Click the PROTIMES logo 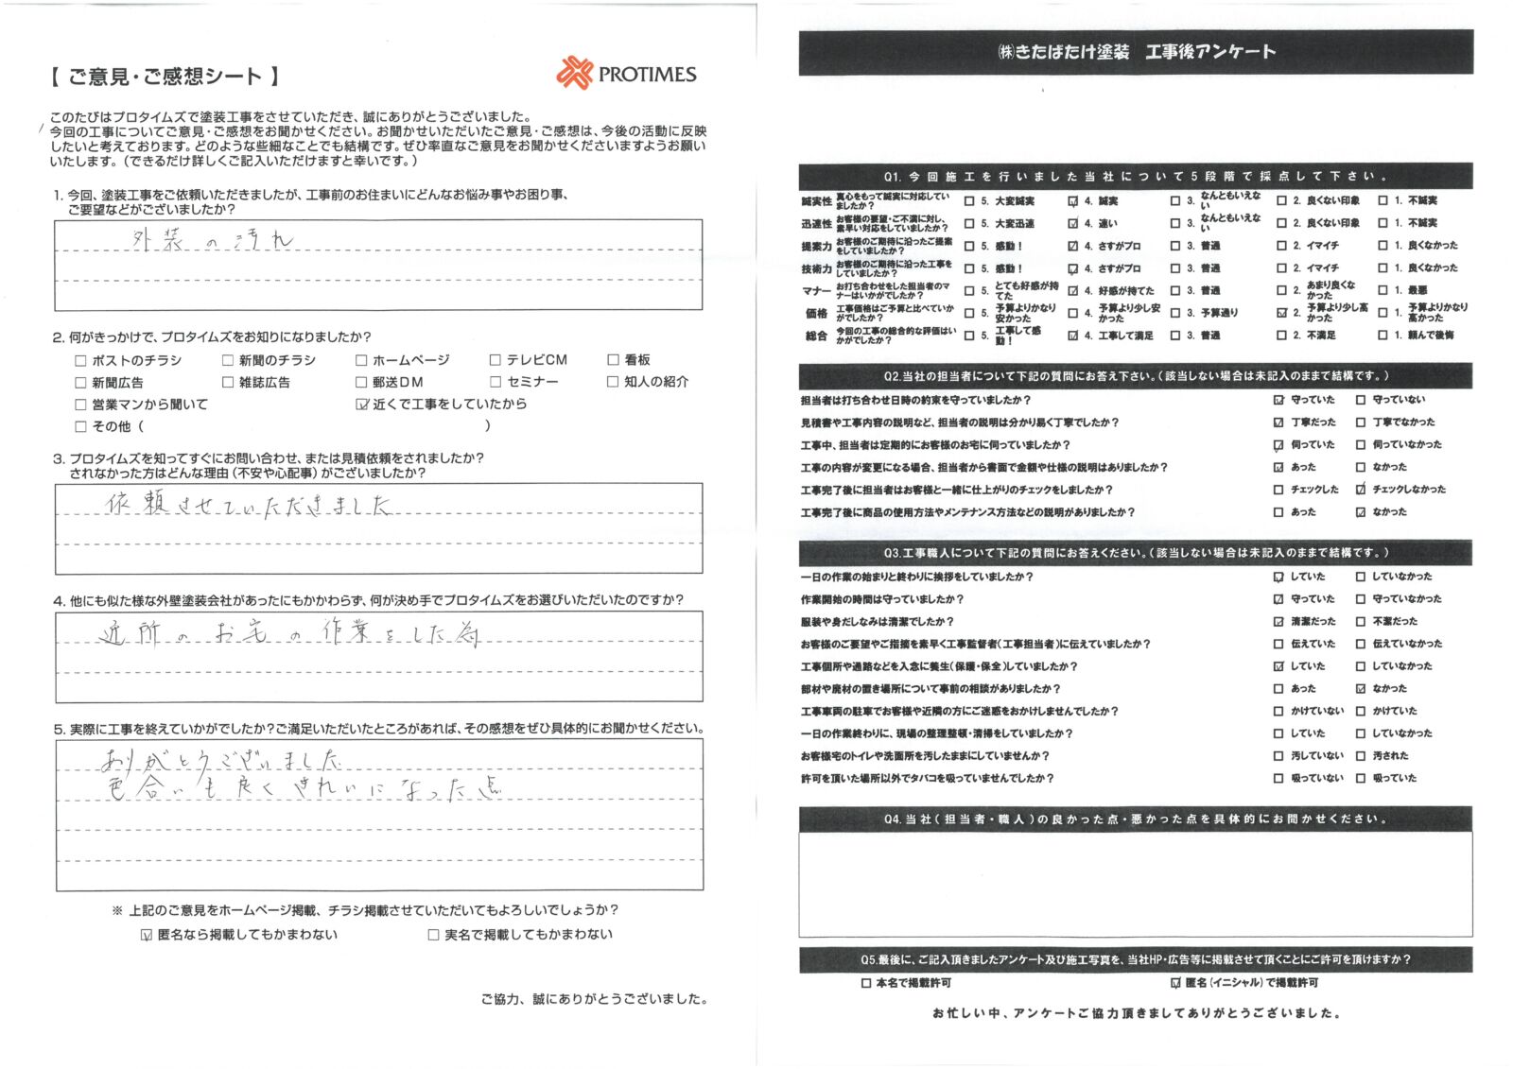[627, 74]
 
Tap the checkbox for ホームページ [361, 360]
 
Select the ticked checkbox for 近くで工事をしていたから [361, 405]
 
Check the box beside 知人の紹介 [613, 382]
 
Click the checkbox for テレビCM [496, 360]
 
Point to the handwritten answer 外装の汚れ [214, 241]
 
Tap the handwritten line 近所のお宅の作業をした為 [288, 635]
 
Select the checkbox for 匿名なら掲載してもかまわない [146, 935]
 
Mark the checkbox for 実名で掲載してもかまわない [433, 935]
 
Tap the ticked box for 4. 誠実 [1072, 201]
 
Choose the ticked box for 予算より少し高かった [1281, 313]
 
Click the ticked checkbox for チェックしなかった [1361, 490]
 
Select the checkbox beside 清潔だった [1278, 622]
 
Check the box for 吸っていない [1278, 779]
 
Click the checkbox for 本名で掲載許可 [866, 983]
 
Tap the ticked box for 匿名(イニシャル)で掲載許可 [1175, 983]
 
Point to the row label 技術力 [816, 268]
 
